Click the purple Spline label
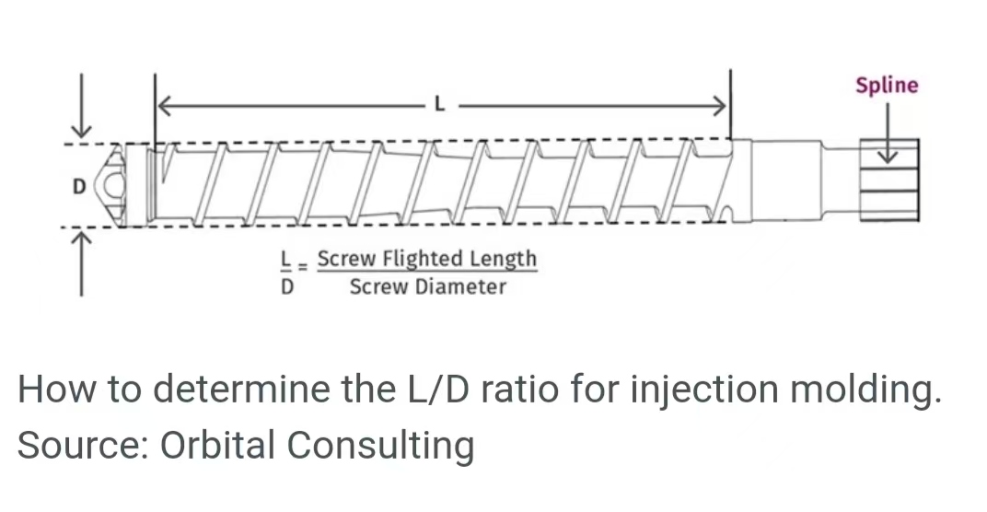pos(886,86)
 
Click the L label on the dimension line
pos(439,106)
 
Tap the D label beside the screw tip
pos(78,187)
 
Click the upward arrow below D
pos(83,262)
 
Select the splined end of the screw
pos(888,181)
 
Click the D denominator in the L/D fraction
pos(286,286)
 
